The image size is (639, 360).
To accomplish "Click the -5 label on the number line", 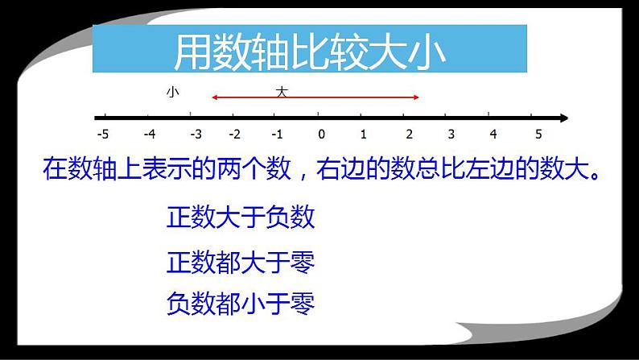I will coord(101,134).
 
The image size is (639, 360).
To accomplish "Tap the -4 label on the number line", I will coord(149,134).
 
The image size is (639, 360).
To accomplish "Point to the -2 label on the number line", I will coord(235,134).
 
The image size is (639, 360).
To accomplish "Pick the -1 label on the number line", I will coord(277,134).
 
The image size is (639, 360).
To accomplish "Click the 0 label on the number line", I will coord(321,134).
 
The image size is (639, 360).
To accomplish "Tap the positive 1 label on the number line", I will coord(364,134).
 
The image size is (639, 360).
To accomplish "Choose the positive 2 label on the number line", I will coord(407,134).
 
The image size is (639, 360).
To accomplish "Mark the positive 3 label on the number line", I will coord(451,134).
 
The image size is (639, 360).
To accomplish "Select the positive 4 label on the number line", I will coord(493,134).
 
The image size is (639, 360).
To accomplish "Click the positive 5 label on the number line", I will coord(538,134).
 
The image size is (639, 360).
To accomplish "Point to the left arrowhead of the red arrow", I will coord(215,98).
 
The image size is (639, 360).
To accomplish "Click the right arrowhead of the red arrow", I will coord(416,98).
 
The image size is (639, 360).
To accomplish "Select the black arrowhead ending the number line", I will coord(563,118).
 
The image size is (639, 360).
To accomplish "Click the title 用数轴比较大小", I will coord(309,51).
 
